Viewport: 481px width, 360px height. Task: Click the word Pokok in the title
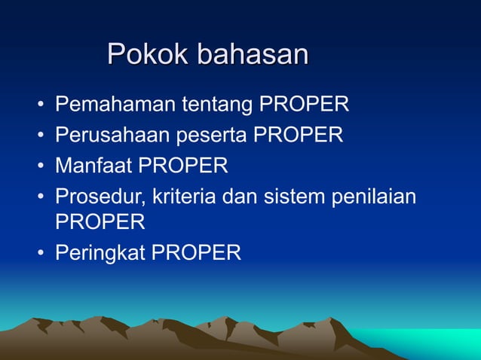point(149,54)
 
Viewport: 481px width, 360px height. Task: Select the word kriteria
point(185,195)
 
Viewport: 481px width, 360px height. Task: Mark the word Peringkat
point(101,253)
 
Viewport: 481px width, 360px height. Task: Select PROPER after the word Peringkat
point(197,252)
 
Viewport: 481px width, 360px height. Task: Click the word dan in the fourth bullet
point(240,195)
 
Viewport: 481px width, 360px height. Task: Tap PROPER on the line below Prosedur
point(100,222)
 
